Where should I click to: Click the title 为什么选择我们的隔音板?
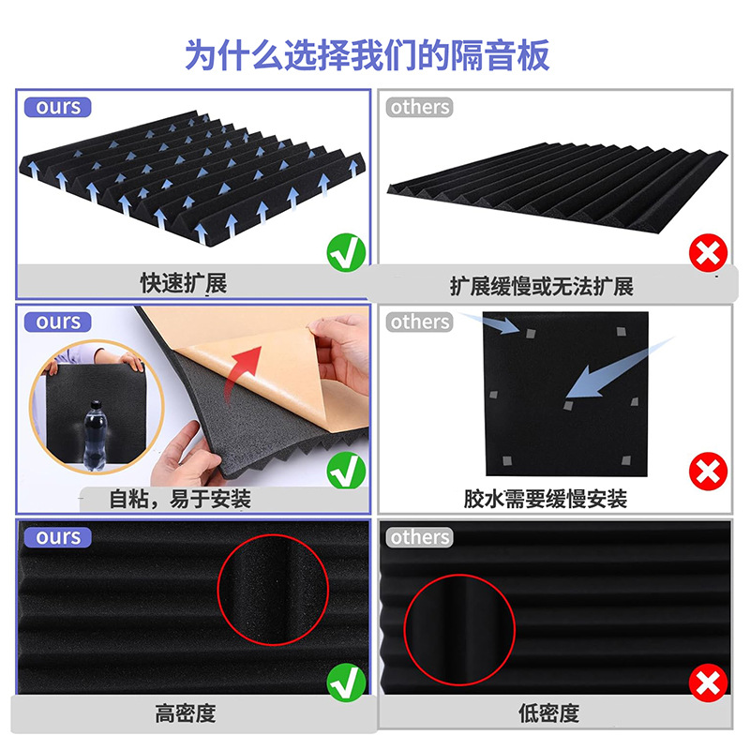pyautogui.click(x=367, y=53)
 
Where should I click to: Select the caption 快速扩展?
pyautogui.click(x=185, y=283)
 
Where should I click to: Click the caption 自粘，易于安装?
pyautogui.click(x=180, y=499)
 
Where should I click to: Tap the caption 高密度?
pyautogui.click(x=185, y=713)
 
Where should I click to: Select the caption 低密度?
pyautogui.click(x=548, y=713)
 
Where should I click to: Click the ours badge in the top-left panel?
pyautogui.click(x=58, y=107)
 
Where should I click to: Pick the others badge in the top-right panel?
pyautogui.click(x=420, y=107)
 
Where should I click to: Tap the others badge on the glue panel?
pyautogui.click(x=420, y=322)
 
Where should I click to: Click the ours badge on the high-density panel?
pyautogui.click(x=58, y=537)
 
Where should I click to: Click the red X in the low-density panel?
pyautogui.click(x=707, y=682)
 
